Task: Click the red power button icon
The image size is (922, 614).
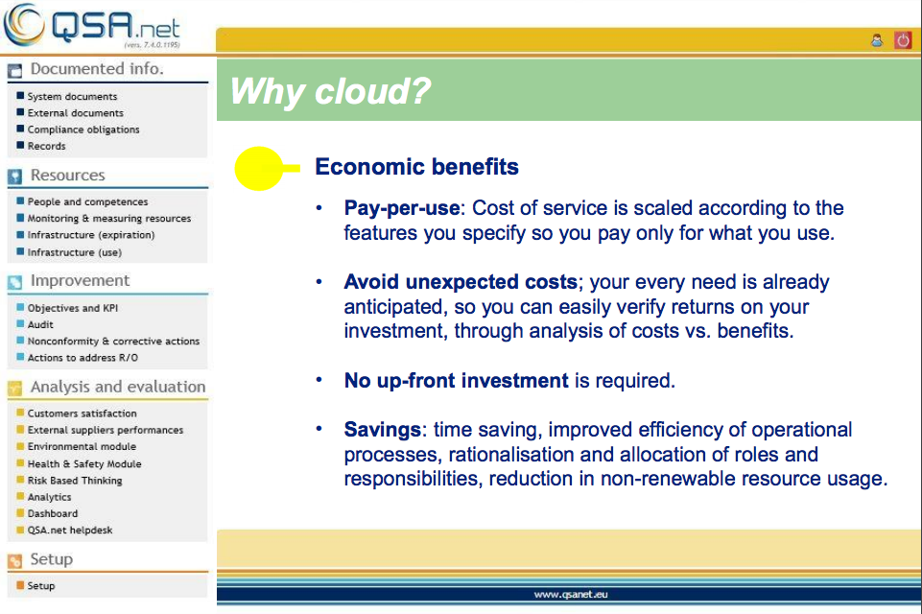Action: click(903, 40)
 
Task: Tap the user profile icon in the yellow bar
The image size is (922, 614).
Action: click(877, 40)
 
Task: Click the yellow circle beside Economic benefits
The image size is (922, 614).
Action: click(259, 168)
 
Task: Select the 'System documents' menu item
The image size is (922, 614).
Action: click(72, 97)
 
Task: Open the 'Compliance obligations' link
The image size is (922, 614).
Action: click(83, 130)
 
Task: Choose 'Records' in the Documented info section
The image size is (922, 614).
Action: click(46, 146)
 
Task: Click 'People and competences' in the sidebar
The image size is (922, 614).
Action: click(87, 201)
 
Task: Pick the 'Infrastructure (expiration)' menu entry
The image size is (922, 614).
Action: click(91, 235)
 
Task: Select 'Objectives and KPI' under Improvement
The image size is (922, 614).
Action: click(73, 308)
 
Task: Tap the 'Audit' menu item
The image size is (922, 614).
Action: click(40, 324)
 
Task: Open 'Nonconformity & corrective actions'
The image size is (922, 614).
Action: click(113, 342)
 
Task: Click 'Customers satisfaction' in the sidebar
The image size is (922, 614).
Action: click(82, 413)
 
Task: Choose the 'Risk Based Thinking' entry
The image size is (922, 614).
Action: click(75, 481)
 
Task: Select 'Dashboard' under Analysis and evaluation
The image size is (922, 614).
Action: click(53, 513)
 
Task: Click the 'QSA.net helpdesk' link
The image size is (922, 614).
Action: click(70, 530)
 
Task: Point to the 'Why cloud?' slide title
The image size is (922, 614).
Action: click(330, 91)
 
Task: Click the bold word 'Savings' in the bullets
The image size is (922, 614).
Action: click(382, 430)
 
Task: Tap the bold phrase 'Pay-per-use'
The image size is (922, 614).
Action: click(402, 208)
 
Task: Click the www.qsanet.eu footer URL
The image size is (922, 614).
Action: click(570, 595)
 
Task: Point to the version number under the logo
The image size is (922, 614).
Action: click(153, 45)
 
